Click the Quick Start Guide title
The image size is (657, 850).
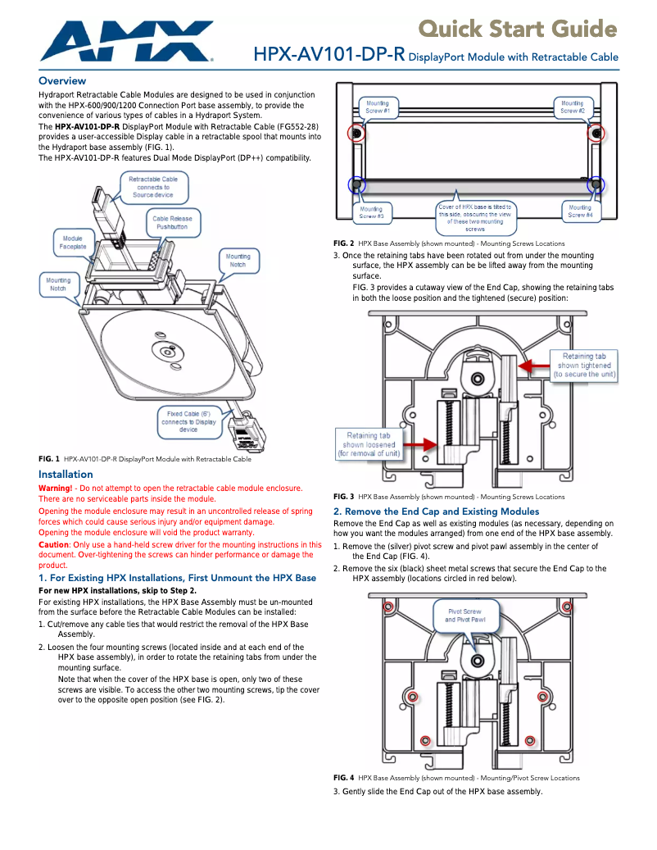[518, 30]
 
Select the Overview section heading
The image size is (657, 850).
[62, 81]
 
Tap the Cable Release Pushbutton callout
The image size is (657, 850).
[172, 223]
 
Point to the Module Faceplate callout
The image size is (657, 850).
[72, 242]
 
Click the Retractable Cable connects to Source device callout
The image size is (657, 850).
[152, 187]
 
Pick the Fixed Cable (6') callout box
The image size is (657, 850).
[188, 421]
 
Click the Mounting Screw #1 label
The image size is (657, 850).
[377, 107]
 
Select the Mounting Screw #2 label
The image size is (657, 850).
[572, 107]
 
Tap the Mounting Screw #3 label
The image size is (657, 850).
[371, 212]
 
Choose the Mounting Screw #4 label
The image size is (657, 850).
[580, 211]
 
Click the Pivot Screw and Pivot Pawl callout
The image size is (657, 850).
[465, 616]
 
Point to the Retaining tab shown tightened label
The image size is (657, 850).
[584, 365]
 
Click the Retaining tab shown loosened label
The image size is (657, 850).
[368, 443]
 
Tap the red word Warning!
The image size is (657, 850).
[55, 489]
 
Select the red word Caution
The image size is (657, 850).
[53, 544]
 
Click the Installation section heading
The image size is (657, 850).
[66, 474]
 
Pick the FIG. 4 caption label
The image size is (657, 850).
[343, 777]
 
